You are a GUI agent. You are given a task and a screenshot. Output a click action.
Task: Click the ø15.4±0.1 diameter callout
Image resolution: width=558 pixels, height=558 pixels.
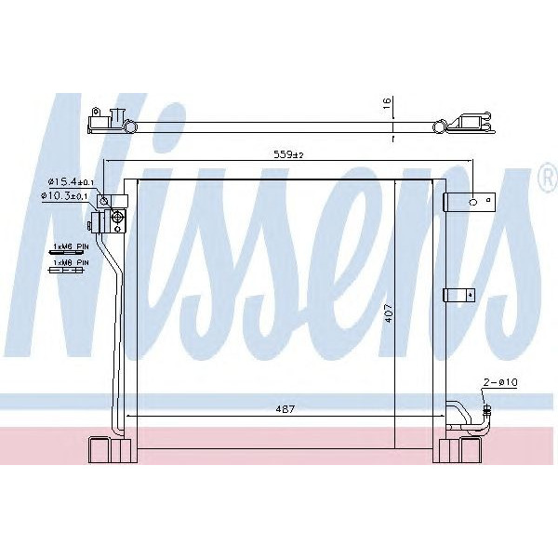point(67,182)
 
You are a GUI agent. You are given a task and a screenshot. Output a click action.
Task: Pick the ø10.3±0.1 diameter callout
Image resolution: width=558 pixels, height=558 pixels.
point(67,197)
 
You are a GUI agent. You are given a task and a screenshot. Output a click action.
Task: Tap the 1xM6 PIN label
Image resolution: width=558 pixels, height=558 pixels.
point(69,246)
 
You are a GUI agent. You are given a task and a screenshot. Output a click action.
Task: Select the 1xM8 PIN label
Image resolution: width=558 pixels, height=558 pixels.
point(69,263)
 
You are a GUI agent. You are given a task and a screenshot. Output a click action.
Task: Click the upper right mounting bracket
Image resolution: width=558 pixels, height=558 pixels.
point(465,202)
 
